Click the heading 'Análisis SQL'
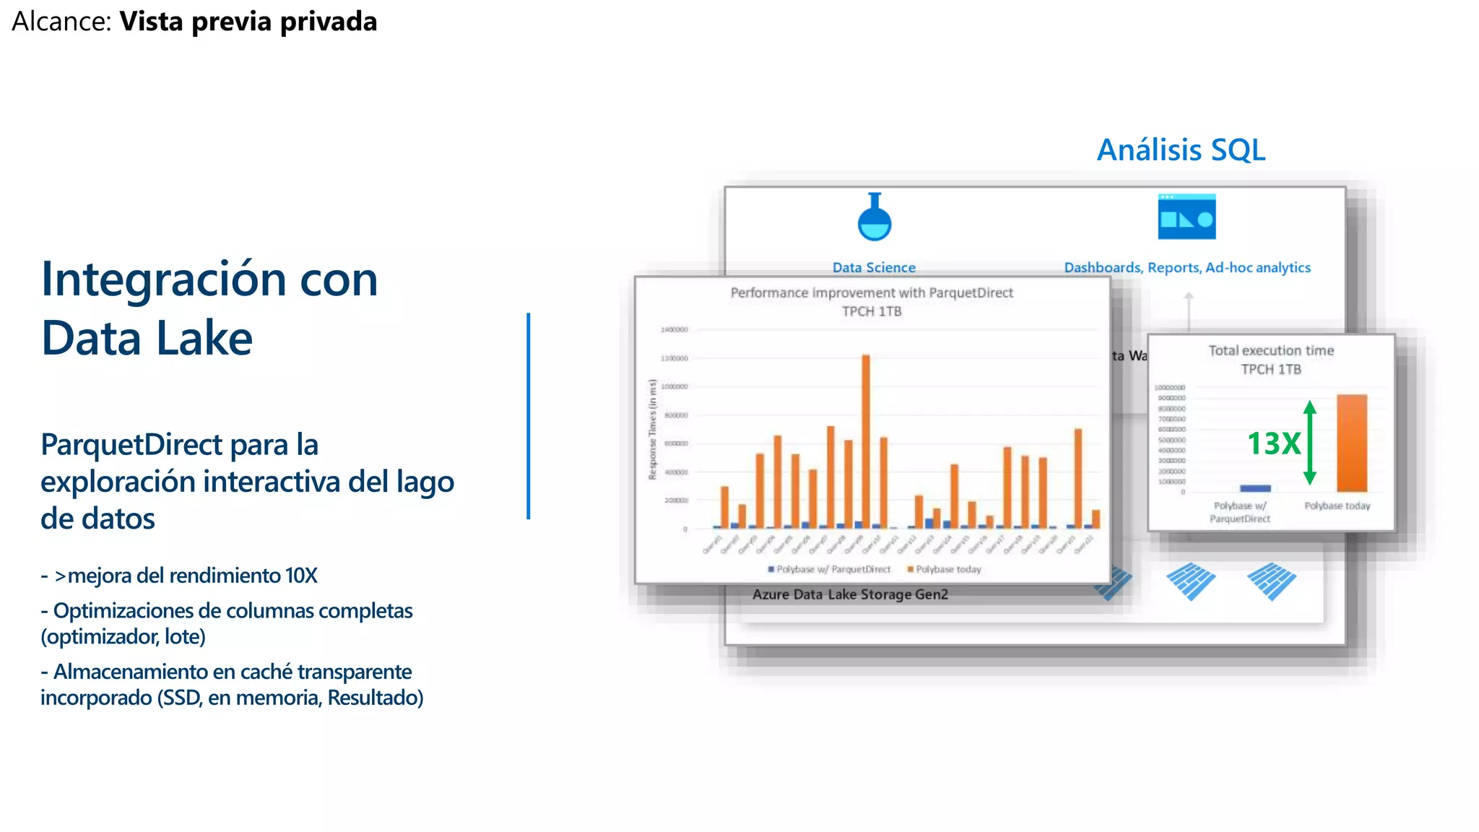point(1181,150)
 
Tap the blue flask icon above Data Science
point(875,218)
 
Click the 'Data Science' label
point(874,267)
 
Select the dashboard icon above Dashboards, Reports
point(1187,217)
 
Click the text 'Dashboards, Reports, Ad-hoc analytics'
point(1187,267)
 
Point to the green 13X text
point(1273,443)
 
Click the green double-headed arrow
point(1310,442)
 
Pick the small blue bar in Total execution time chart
point(1255,488)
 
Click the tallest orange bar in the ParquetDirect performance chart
point(866,441)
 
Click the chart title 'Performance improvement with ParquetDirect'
point(872,292)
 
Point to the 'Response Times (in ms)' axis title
point(653,430)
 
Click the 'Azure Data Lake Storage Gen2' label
point(850,594)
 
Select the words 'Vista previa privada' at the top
point(248,22)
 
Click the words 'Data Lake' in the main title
point(147,338)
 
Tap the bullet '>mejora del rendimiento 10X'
point(185,576)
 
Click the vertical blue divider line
point(529,416)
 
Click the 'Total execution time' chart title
point(1271,350)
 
